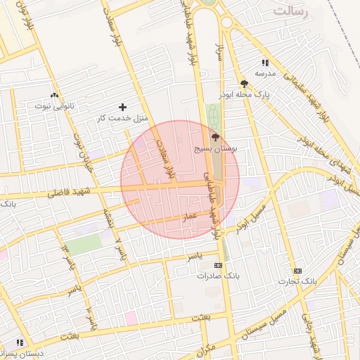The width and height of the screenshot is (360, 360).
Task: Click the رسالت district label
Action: point(291,11)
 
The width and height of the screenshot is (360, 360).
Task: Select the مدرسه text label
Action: point(264,73)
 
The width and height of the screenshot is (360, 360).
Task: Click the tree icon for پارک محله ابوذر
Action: point(243,83)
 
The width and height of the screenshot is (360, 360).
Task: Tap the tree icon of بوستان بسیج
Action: point(214,139)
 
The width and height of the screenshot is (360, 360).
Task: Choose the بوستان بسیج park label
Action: point(215,149)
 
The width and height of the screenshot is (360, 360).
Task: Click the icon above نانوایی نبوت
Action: point(54,95)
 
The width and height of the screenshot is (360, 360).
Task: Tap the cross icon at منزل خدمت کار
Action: point(123,108)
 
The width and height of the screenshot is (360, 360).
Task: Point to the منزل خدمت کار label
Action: point(123,117)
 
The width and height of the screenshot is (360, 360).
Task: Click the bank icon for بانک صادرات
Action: point(218,266)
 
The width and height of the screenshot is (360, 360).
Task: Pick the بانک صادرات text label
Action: point(218,276)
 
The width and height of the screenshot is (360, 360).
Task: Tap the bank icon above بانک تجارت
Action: point(297,271)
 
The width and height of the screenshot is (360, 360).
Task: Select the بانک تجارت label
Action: point(297,281)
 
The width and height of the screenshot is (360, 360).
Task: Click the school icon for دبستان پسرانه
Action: point(20,342)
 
